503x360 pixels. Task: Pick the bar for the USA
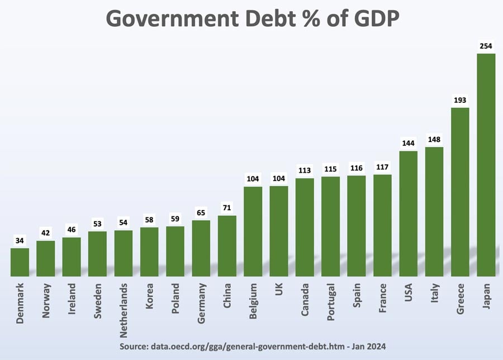[x=408, y=213]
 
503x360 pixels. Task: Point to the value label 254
[x=486, y=46]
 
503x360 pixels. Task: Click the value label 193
[x=460, y=100]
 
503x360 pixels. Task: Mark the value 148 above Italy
[x=434, y=139]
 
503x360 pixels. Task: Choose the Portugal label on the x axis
[x=330, y=302]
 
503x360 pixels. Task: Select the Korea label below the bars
[x=149, y=295]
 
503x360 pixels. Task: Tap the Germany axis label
[x=201, y=302]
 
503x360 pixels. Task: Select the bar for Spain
[x=356, y=226]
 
